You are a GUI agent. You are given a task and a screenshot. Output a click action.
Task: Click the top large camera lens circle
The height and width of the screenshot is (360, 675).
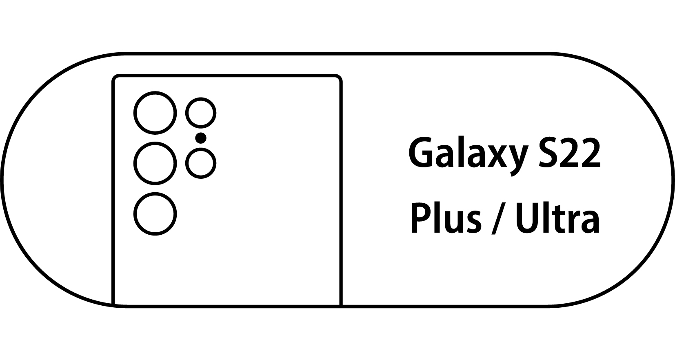[x=155, y=113]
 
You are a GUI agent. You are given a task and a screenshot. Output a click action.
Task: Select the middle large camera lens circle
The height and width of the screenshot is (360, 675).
[x=155, y=163]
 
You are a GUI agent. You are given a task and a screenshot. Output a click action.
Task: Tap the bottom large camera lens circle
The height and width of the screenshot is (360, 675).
[x=155, y=214]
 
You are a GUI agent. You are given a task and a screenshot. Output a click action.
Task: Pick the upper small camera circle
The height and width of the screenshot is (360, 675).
[x=201, y=113]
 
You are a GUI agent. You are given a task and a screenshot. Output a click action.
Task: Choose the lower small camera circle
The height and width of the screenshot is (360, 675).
[x=201, y=163]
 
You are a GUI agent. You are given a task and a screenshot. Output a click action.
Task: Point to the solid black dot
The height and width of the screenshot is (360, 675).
[x=201, y=138]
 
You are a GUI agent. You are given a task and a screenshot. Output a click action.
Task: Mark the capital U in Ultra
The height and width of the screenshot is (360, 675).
[x=526, y=218]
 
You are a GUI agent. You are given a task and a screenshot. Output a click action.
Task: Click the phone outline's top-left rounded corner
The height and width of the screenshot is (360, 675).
[x=115, y=78]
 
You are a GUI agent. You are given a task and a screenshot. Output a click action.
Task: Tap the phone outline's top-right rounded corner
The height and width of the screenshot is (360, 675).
[x=338, y=78]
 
